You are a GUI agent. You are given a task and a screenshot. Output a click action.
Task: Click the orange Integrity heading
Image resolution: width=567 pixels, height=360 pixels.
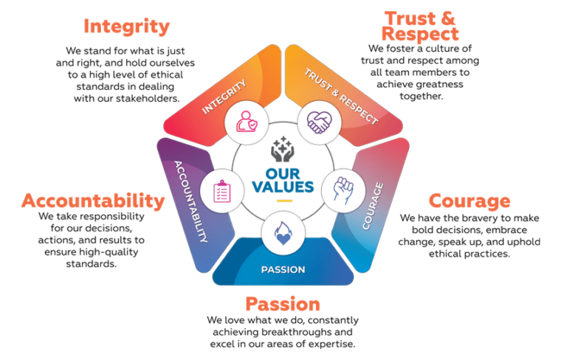(x=126, y=27)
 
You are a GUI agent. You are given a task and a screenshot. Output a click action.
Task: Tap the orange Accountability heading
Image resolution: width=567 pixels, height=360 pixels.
(x=93, y=201)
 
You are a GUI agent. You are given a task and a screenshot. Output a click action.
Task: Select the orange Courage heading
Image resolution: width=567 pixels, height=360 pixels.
(x=470, y=201)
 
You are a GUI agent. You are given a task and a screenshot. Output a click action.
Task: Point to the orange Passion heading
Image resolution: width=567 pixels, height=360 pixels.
(x=283, y=304)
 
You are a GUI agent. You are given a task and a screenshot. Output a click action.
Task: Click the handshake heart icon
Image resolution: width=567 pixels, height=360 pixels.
(x=319, y=122)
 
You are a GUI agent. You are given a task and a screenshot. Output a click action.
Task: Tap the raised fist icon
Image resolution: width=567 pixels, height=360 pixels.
(x=343, y=190)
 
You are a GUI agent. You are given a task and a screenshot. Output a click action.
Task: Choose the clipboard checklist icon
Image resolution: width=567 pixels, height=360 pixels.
(x=222, y=191)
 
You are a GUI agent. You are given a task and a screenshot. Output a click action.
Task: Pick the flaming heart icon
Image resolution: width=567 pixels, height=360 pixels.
(x=283, y=233)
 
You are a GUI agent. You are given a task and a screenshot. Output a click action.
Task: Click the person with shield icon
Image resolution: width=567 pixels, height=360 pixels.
(x=247, y=122)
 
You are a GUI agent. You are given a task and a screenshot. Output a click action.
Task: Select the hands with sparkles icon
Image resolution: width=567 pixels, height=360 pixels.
(x=283, y=149)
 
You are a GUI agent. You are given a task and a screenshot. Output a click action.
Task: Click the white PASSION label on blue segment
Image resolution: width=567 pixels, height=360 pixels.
(x=283, y=270)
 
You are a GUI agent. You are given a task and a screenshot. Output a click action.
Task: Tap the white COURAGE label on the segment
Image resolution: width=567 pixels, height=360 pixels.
(x=373, y=206)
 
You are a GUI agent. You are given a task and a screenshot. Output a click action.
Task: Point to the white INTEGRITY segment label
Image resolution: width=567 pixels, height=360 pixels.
(x=224, y=97)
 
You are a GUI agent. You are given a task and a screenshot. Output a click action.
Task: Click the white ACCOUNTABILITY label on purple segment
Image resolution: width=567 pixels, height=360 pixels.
(x=191, y=201)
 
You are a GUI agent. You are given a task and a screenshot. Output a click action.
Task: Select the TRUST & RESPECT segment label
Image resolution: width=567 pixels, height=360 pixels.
(x=341, y=96)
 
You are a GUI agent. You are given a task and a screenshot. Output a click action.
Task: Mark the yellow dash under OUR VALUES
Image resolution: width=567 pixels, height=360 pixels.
(x=284, y=201)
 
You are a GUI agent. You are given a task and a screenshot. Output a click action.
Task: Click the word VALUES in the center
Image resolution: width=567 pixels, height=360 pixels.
(x=283, y=187)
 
